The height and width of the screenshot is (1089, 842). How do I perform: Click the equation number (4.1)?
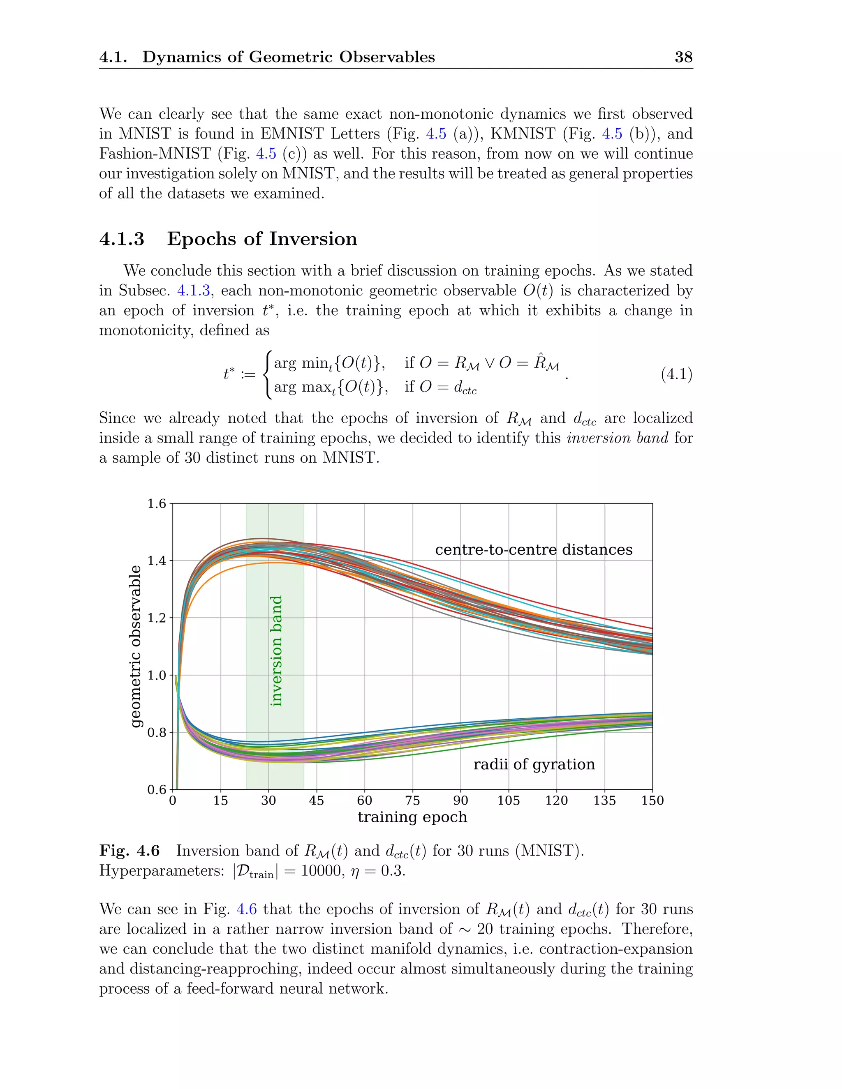pos(676,374)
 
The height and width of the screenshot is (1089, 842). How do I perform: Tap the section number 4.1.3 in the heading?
pos(122,239)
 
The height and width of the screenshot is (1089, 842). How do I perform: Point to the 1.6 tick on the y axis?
pos(157,504)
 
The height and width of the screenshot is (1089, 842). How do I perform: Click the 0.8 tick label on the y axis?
pos(157,732)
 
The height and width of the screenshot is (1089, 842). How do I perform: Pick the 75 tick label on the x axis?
pos(412,801)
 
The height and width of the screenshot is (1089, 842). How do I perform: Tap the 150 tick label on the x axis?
pos(652,801)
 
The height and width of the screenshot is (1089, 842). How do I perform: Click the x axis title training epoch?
pos(412,817)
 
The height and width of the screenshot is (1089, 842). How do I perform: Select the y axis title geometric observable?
pos(136,646)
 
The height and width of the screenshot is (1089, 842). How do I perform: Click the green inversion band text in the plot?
pos(276,651)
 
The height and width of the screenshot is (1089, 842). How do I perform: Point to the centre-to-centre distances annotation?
pos(534,549)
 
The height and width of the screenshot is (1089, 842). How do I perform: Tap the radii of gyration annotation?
pos(534,764)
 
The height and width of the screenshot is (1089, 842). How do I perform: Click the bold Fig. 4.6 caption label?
pos(129,851)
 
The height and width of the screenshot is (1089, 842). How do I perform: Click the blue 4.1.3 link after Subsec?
pos(194,291)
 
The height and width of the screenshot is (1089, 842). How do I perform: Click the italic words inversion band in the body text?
pos(618,438)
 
